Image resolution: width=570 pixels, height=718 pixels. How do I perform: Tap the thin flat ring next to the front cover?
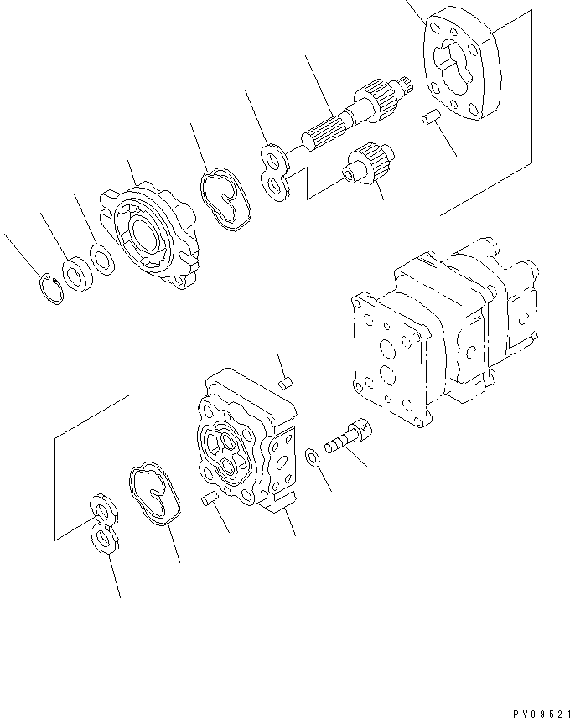(x=101, y=261)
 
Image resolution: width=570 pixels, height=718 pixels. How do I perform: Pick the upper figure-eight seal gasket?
(x=225, y=199)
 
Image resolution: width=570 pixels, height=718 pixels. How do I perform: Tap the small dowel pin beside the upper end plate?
(x=430, y=119)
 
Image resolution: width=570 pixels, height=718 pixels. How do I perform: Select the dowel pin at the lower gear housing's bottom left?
(x=211, y=499)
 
